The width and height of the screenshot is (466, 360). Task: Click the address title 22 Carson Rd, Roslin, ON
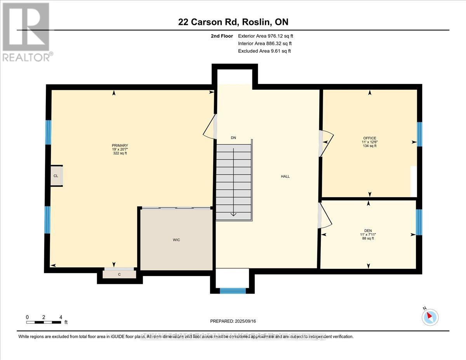tap(233, 22)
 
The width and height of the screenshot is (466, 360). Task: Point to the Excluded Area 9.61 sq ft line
tap(264, 51)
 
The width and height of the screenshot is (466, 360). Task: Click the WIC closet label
tap(176, 240)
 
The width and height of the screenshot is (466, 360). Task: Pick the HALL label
tap(285, 176)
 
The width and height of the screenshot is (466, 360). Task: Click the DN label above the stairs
tap(233, 138)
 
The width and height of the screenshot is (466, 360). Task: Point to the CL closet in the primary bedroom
tap(56, 176)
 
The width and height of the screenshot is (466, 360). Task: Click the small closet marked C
tap(120, 274)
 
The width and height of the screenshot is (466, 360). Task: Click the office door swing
tap(327, 143)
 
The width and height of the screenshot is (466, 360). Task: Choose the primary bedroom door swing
tap(210, 126)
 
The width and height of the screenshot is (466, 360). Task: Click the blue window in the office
tap(419, 134)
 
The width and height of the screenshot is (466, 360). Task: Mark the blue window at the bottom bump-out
tap(233, 290)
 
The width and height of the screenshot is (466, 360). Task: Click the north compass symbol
tap(430, 317)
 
